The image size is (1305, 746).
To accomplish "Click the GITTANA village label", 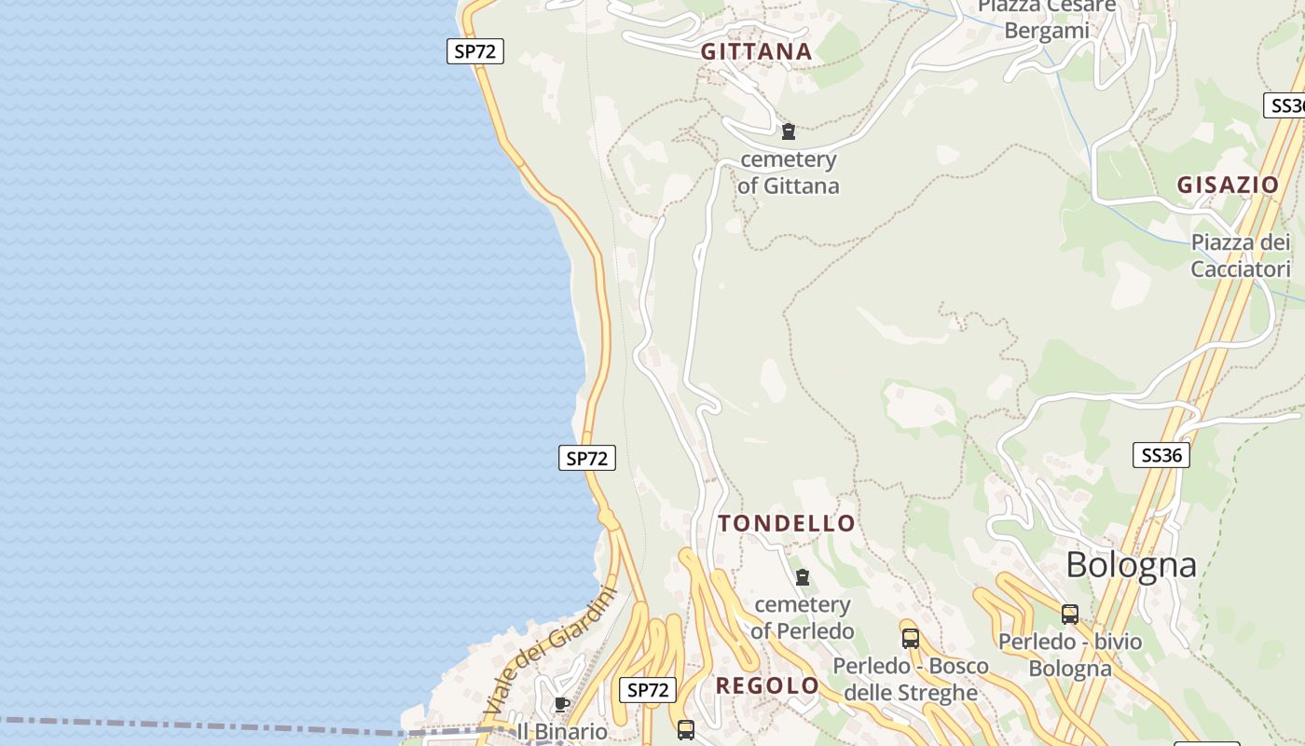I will pyautogui.click(x=756, y=52).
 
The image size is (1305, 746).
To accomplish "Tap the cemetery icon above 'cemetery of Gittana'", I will pyautogui.click(x=789, y=131).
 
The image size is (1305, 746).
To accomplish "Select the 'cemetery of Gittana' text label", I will pyautogui.click(x=789, y=173).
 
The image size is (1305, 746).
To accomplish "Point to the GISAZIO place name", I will pyautogui.click(x=1228, y=185).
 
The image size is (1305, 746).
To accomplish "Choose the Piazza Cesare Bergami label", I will pyautogui.click(x=1047, y=19).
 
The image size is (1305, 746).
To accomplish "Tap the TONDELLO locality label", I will pyautogui.click(x=787, y=523).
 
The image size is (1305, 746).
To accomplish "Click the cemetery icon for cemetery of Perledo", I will pyautogui.click(x=803, y=578).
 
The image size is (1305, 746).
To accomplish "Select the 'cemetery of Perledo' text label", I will pyautogui.click(x=803, y=618).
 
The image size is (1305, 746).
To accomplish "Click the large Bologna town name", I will pyautogui.click(x=1131, y=565).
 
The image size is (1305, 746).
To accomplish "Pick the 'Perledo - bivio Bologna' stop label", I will pyautogui.click(x=1070, y=655).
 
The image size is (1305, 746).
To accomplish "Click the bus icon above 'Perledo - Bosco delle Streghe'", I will pyautogui.click(x=911, y=640).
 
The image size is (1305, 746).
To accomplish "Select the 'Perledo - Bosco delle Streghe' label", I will pyautogui.click(x=911, y=680).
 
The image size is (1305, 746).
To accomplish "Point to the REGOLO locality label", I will pyautogui.click(x=767, y=686).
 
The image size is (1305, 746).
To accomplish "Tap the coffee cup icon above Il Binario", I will pyautogui.click(x=561, y=704).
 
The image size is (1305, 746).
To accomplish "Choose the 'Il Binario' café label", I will pyautogui.click(x=562, y=732).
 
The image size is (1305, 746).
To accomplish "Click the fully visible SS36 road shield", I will pyautogui.click(x=1161, y=455).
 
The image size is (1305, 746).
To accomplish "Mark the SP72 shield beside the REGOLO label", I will pyautogui.click(x=648, y=690).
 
